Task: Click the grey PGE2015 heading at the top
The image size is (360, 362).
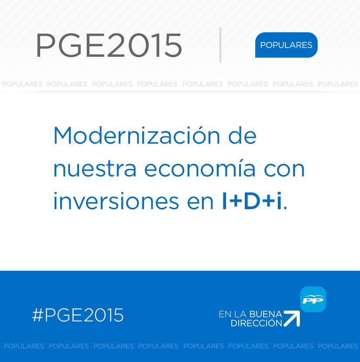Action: pyautogui.click(x=109, y=45)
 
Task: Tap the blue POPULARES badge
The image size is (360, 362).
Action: pyautogui.click(x=286, y=45)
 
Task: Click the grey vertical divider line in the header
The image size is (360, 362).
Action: pyautogui.click(x=220, y=45)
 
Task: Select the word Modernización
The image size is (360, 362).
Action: pyautogui.click(x=137, y=135)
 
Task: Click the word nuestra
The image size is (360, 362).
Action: pyautogui.click(x=95, y=169)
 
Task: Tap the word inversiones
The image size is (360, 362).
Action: pyautogui.click(x=116, y=201)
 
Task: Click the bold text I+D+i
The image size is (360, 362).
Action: pyautogui.click(x=252, y=201)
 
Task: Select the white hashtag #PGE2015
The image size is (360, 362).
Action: pyautogui.click(x=78, y=315)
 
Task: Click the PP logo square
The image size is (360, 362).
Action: pyautogui.click(x=313, y=299)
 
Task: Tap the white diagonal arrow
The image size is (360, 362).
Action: pyautogui.click(x=291, y=319)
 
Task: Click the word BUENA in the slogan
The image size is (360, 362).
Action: pyautogui.click(x=266, y=314)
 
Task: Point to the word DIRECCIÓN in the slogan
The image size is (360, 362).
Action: pyautogui.click(x=257, y=323)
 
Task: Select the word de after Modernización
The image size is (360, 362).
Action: pyautogui.click(x=242, y=135)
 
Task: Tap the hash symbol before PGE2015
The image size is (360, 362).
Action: pyautogui.click(x=38, y=315)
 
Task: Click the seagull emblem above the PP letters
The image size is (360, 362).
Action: pyautogui.click(x=313, y=296)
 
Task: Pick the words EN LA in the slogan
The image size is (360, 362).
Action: pyautogui.click(x=233, y=314)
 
